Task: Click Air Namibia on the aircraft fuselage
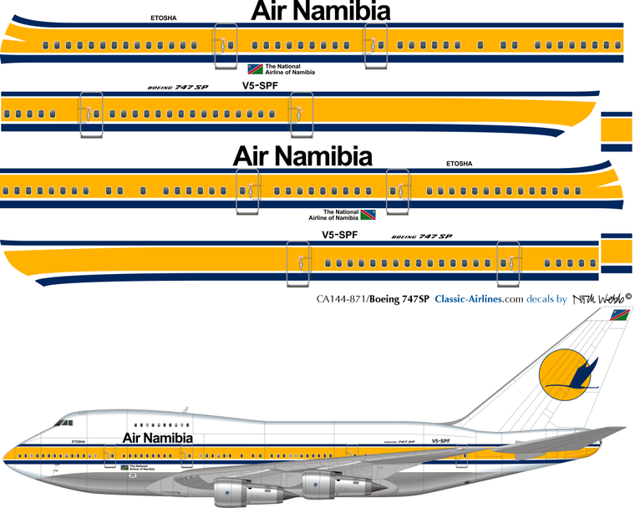tap(158, 438)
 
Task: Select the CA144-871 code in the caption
tap(340, 299)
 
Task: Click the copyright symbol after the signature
tap(628, 295)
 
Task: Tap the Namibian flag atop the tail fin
tap(619, 316)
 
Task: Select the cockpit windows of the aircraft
tap(63, 424)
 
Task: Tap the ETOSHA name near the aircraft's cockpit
tap(79, 439)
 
